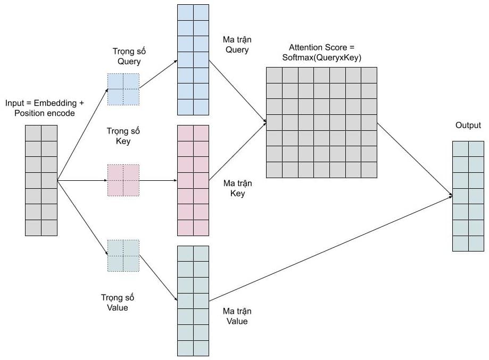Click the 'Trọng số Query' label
(x=129, y=56)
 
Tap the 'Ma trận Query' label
(x=237, y=45)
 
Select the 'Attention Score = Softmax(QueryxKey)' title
(x=321, y=52)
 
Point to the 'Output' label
(x=468, y=125)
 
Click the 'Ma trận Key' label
(x=237, y=188)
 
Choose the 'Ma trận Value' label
(x=237, y=316)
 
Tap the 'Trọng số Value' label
(x=117, y=303)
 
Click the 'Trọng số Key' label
(x=123, y=136)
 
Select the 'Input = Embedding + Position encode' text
(x=45, y=108)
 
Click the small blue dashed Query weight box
(x=123, y=89)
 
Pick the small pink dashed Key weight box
(x=123, y=180)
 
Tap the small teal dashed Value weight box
(x=123, y=256)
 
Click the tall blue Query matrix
(x=193, y=60)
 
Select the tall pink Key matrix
(x=193, y=180)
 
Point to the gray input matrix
(x=41, y=180)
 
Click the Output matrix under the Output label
(x=468, y=196)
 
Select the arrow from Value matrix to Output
(x=330, y=248)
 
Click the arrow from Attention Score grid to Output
(x=415, y=160)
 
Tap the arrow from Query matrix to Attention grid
(x=238, y=91)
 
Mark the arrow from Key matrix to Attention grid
(x=238, y=152)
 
